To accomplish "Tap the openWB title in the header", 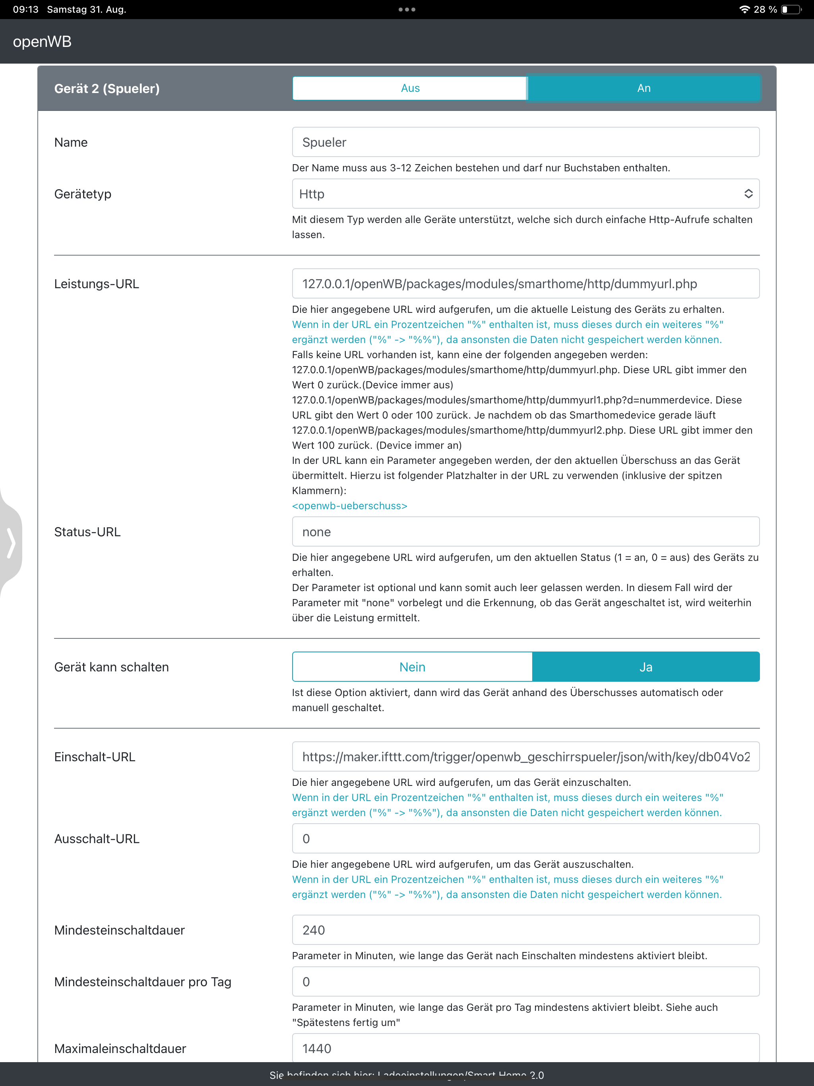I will (x=42, y=42).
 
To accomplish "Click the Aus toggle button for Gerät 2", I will (x=409, y=88).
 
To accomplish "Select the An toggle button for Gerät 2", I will (x=643, y=88).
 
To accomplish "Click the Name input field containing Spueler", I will (x=525, y=142).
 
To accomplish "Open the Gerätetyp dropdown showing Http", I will (x=525, y=194).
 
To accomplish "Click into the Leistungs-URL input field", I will (x=525, y=284).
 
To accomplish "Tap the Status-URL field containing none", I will (x=525, y=532).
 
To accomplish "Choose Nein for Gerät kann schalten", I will (x=412, y=667).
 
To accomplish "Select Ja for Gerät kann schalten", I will (x=645, y=667).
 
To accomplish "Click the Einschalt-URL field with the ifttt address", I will (x=525, y=756).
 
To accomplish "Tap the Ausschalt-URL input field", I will (x=525, y=839).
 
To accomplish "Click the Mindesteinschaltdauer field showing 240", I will (x=525, y=930).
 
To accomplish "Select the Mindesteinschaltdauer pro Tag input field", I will (x=525, y=981).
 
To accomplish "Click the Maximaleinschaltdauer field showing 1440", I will (x=525, y=1048).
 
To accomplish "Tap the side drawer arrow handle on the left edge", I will (x=11, y=543).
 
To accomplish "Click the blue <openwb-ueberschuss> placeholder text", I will (x=349, y=506).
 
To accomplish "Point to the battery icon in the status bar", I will (x=791, y=9).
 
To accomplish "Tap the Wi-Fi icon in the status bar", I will (x=744, y=9).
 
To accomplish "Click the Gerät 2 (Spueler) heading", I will (x=107, y=88).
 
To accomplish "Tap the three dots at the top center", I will (x=407, y=9).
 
